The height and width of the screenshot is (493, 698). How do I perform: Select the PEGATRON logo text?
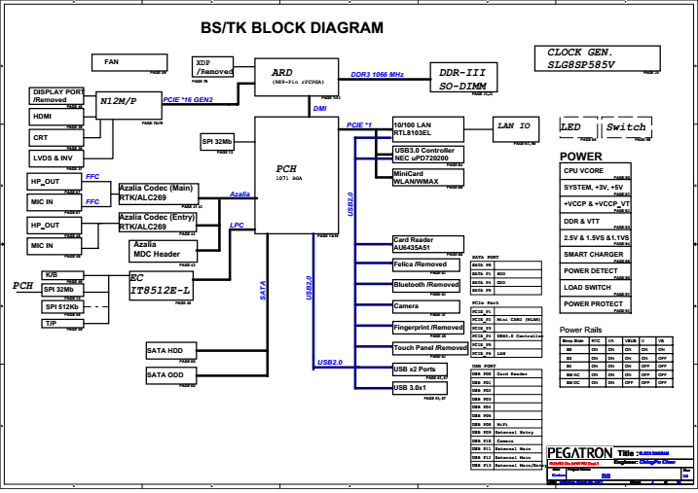[x=580, y=452]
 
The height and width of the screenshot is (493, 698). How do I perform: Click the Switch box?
[x=625, y=128]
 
